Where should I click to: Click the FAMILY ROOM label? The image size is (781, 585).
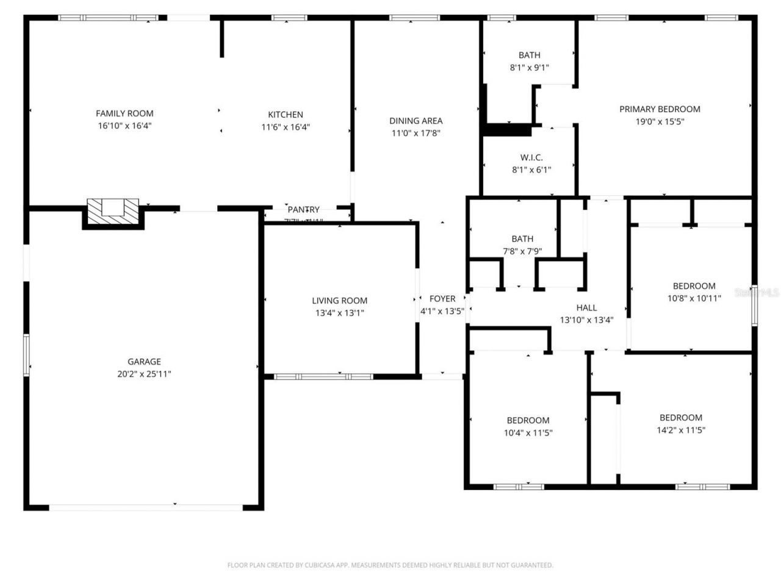point(124,113)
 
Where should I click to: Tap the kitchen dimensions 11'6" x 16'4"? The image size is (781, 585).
point(286,127)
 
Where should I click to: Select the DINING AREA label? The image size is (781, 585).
point(416,121)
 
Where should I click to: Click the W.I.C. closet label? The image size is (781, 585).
point(531,157)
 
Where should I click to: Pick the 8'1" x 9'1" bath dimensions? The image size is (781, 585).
point(529,68)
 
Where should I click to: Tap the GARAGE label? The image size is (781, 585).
point(144,362)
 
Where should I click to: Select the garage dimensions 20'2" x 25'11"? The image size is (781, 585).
point(144,374)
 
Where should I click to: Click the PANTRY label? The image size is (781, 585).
point(303,210)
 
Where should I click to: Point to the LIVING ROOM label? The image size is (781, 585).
point(339,300)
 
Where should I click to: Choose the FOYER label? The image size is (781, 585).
point(442,298)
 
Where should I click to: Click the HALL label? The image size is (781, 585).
point(586,307)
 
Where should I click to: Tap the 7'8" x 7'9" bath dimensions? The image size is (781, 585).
point(522,251)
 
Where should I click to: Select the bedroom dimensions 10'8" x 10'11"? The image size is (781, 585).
point(694,298)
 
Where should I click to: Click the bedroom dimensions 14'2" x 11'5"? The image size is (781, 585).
point(680,430)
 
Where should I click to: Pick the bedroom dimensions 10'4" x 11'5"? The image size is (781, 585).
point(528,433)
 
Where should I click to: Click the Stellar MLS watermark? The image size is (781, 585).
point(757,293)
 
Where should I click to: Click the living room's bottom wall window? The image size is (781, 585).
point(323,376)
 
